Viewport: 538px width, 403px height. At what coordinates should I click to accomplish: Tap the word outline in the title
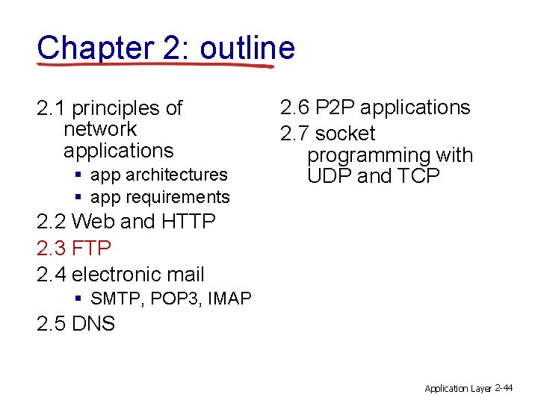click(247, 47)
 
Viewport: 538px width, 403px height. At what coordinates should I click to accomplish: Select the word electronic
click(116, 274)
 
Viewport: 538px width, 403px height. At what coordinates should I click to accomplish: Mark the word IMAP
click(229, 299)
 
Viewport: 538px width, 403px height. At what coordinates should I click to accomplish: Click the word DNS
click(93, 324)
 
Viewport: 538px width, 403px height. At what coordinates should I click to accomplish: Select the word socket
click(345, 134)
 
